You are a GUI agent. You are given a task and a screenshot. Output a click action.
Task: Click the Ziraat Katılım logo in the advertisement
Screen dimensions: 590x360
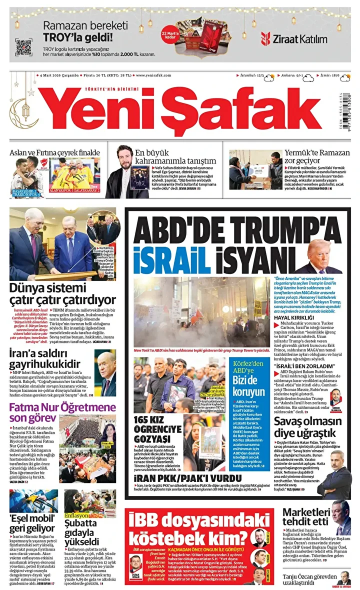pyautogui.click(x=293, y=39)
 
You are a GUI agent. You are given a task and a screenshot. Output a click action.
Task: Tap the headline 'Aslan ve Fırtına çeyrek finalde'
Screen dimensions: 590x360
pyautogui.click(x=55, y=152)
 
